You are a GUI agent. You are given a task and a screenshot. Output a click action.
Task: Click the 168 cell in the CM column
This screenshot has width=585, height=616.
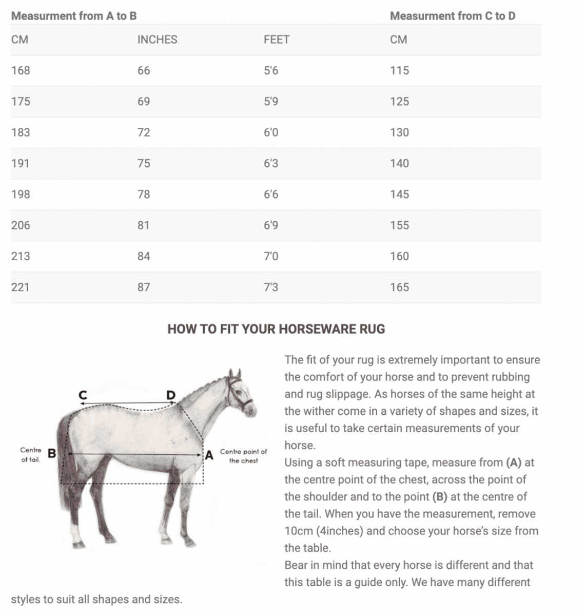(21, 70)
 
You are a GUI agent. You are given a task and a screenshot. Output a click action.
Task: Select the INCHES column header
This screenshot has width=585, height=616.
(157, 40)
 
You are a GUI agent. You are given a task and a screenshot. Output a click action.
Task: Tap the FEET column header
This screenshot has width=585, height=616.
(276, 40)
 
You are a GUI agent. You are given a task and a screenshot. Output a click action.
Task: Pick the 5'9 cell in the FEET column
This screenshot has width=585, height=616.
(271, 101)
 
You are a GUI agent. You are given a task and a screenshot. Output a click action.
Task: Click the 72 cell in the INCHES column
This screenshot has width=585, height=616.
(144, 132)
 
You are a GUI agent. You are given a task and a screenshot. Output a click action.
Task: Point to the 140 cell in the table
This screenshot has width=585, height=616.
(399, 163)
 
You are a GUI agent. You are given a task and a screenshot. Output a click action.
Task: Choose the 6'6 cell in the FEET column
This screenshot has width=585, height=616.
(271, 194)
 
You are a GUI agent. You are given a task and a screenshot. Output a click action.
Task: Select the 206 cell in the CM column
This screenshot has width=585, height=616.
(21, 225)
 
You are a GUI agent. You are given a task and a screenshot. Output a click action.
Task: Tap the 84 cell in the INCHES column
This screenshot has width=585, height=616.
(144, 256)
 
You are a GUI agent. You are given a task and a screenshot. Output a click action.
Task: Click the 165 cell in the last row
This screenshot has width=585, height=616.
(399, 287)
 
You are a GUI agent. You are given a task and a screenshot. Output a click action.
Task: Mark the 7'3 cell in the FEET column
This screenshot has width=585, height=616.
(271, 287)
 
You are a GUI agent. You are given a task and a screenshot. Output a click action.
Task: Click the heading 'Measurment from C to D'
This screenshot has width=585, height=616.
(452, 16)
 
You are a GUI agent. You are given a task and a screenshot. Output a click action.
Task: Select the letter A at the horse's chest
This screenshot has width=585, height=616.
(209, 455)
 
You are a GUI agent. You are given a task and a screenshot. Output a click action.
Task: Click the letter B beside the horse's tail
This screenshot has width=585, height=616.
(52, 453)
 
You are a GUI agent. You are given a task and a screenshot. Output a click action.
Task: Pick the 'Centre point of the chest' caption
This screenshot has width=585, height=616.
(243, 456)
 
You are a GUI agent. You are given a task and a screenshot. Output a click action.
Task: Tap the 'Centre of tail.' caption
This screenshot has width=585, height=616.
(31, 455)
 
